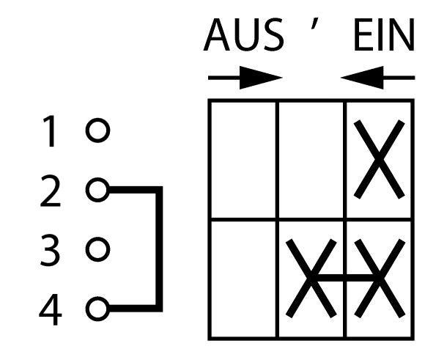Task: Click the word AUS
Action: click(244, 34)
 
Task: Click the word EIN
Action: click(384, 34)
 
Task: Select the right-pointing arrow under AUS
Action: click(245, 78)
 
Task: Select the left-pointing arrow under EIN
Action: click(377, 78)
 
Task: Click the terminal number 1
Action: click(49, 131)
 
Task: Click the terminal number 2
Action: click(51, 191)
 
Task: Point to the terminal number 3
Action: click(50, 250)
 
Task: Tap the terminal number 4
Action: click(51, 309)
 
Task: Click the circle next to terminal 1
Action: click(98, 131)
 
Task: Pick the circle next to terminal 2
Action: click(98, 190)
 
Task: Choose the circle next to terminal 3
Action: click(98, 249)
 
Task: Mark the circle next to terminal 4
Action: click(98, 309)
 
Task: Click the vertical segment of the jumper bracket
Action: click(159, 249)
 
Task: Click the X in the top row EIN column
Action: click(379, 160)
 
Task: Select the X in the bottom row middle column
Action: click(311, 279)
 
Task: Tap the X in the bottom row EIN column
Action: click(380, 279)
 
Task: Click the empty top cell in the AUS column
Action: click(243, 160)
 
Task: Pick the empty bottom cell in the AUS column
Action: click(243, 279)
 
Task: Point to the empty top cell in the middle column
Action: click(311, 160)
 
